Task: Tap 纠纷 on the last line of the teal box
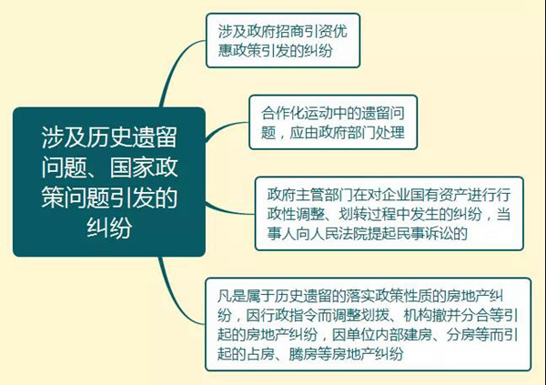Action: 109,228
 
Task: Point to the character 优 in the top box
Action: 340,32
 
